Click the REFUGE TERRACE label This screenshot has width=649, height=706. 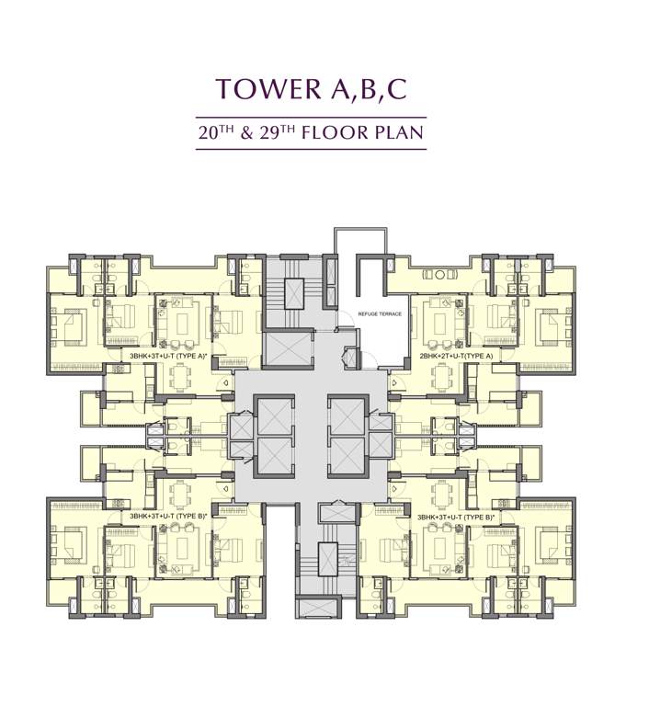(x=379, y=314)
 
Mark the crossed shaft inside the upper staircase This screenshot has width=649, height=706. (x=295, y=293)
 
